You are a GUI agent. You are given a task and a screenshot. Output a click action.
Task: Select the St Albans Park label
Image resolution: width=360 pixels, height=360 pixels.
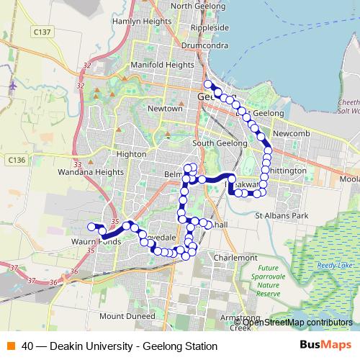[x=282, y=215]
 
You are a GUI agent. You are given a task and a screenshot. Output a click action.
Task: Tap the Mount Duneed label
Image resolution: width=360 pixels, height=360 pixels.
[x=127, y=316]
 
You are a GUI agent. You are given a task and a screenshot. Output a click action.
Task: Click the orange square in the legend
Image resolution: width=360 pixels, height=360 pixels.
[x=10, y=346]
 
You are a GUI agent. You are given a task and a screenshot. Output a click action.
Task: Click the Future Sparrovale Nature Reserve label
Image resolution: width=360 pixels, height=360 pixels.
[x=268, y=282]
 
